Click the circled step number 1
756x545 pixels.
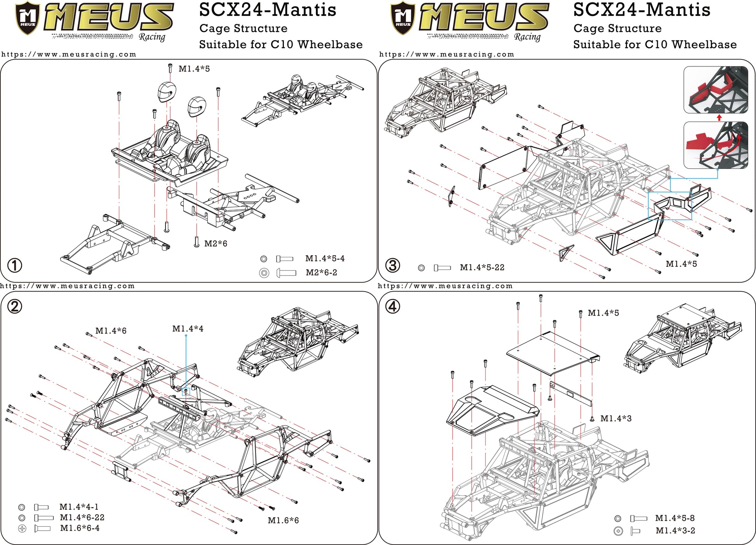(x=15, y=266)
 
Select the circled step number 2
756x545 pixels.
(x=15, y=307)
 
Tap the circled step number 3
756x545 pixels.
(x=392, y=266)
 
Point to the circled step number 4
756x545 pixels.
(x=392, y=307)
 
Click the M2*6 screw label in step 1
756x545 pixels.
(x=216, y=244)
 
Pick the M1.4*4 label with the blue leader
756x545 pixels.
(x=188, y=329)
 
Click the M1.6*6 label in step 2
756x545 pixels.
(x=283, y=521)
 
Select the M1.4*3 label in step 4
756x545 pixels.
(x=616, y=419)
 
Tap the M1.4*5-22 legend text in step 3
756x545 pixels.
(x=482, y=267)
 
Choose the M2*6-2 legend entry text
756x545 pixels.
(x=321, y=272)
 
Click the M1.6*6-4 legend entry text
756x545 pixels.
(x=80, y=528)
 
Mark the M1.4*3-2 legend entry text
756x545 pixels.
(x=675, y=531)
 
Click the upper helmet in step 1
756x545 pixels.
(x=167, y=92)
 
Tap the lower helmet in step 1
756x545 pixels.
(x=197, y=107)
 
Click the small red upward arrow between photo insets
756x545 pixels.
(x=719, y=117)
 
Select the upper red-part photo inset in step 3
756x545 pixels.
(x=716, y=90)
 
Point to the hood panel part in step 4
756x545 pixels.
(x=491, y=410)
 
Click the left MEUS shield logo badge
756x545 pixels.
(x=28, y=18)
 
